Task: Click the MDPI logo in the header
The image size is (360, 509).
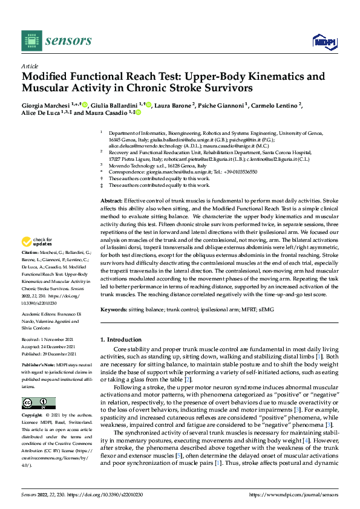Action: coord(324,41)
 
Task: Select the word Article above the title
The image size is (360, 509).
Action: coord(30,66)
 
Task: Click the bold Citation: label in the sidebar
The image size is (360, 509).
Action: coord(30,251)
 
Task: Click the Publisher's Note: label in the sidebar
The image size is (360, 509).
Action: coord(38,366)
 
